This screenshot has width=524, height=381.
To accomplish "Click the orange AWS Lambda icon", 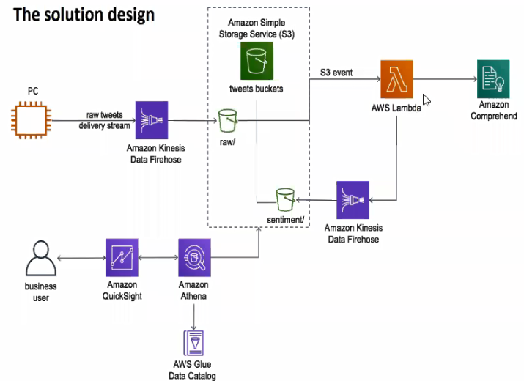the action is [x=396, y=79].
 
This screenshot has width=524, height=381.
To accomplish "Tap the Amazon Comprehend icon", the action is [x=493, y=79].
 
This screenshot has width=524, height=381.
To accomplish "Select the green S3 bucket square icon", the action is [x=257, y=61].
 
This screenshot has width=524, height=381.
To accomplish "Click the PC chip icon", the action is [x=32, y=120].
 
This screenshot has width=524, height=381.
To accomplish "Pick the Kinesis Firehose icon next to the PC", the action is [x=152, y=120].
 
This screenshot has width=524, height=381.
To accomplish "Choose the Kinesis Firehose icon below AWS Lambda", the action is [x=353, y=200].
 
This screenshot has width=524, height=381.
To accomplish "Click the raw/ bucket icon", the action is [x=228, y=121].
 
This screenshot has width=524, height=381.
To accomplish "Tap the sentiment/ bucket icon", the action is [x=285, y=199].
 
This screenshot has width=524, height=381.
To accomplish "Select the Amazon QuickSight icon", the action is [x=122, y=257].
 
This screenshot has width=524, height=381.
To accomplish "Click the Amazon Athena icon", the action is [x=194, y=257].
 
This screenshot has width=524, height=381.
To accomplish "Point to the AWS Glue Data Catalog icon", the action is [x=193, y=343].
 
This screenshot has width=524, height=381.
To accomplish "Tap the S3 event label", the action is [x=336, y=73].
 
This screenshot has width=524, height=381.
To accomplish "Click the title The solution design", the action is [x=84, y=15].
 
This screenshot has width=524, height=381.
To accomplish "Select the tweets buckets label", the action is [x=257, y=89].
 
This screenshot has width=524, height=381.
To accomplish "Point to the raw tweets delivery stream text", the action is [x=104, y=120].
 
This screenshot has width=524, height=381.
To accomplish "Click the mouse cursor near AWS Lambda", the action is [x=427, y=100].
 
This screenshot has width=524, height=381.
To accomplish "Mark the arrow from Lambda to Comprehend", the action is [x=445, y=79].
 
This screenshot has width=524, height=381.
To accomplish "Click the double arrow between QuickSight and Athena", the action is [x=158, y=258].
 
